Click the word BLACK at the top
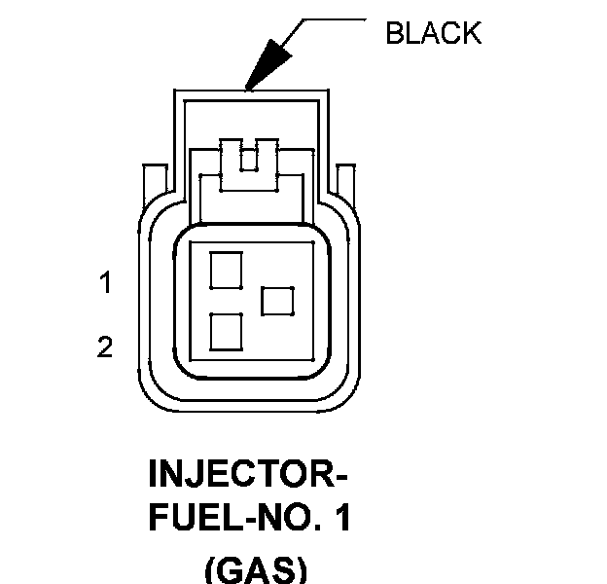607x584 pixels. [x=433, y=33]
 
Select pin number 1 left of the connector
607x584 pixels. [x=105, y=284]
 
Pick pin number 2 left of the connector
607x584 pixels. [x=105, y=347]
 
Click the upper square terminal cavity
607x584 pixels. [x=226, y=269]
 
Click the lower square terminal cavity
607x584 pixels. [x=226, y=332]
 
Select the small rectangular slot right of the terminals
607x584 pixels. [x=278, y=301]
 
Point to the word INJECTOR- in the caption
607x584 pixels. [x=248, y=476]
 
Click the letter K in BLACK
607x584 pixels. [x=471, y=33]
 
